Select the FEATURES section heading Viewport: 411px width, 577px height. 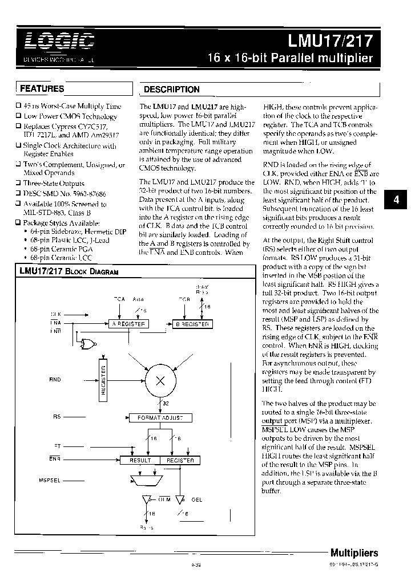42,89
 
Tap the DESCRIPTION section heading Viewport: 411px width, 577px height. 171,90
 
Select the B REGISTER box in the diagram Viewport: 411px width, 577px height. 192,324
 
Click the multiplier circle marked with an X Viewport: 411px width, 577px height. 160,381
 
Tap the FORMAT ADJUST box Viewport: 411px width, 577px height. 160,417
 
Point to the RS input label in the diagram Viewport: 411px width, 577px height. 57,417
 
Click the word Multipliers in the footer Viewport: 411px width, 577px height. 354,552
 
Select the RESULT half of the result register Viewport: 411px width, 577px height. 140,460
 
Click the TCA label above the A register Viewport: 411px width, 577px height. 119,299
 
